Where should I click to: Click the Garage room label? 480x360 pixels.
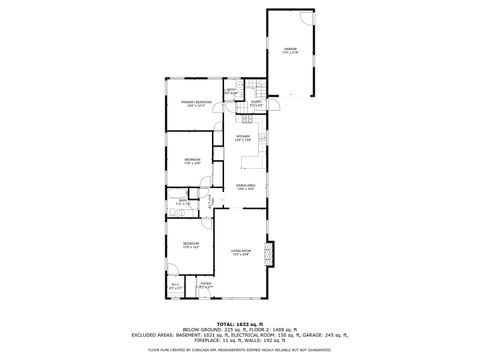290,49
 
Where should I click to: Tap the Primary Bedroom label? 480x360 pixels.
196,104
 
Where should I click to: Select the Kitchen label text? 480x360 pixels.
243,137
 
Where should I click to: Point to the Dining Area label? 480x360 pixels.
245,187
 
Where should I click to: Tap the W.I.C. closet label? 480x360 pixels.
175,286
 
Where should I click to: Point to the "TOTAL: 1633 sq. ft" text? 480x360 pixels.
240,324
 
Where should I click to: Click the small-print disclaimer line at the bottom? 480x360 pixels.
240,350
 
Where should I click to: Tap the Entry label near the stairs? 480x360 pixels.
256,104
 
